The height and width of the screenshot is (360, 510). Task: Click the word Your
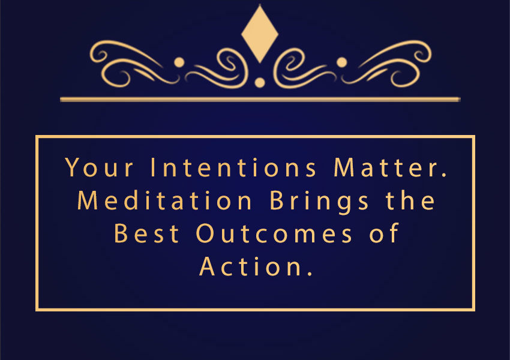coord(99,167)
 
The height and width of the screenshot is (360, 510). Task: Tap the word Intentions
coord(233,167)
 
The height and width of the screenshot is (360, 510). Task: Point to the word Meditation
coord(164,200)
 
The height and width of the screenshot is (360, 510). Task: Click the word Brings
coord(319,202)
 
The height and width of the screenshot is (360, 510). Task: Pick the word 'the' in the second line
coord(410,200)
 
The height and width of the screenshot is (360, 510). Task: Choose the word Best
coord(146,233)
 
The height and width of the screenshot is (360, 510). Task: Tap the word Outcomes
coord(274,233)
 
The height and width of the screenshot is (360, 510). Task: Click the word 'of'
coord(384,233)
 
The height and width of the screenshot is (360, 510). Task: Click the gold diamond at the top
coord(260,34)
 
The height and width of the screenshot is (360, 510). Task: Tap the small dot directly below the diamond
coord(260,83)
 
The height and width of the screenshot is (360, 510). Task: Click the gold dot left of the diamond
coord(179,62)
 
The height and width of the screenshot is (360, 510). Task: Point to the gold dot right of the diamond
coord(341,62)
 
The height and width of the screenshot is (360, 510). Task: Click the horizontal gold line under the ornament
coord(260,99)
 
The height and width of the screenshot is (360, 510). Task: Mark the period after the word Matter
coord(445,175)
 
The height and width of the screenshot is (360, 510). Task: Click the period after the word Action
coord(310,274)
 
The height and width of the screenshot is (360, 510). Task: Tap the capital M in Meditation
coord(88,200)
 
